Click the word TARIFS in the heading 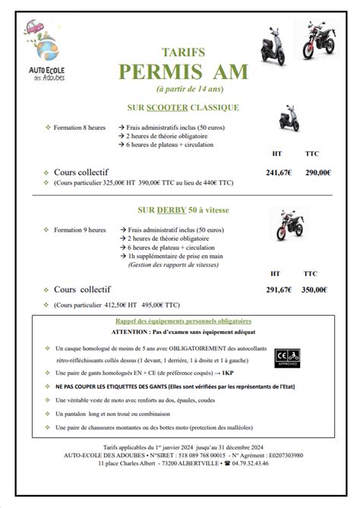click(x=179, y=52)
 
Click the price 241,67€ click(x=279, y=172)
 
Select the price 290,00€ click(x=317, y=172)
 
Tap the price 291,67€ click(x=279, y=289)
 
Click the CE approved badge click(x=289, y=357)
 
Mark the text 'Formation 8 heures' click(x=80, y=127)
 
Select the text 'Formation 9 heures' click(x=80, y=229)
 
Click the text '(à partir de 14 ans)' click(x=179, y=88)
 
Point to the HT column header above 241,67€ click(x=277, y=153)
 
